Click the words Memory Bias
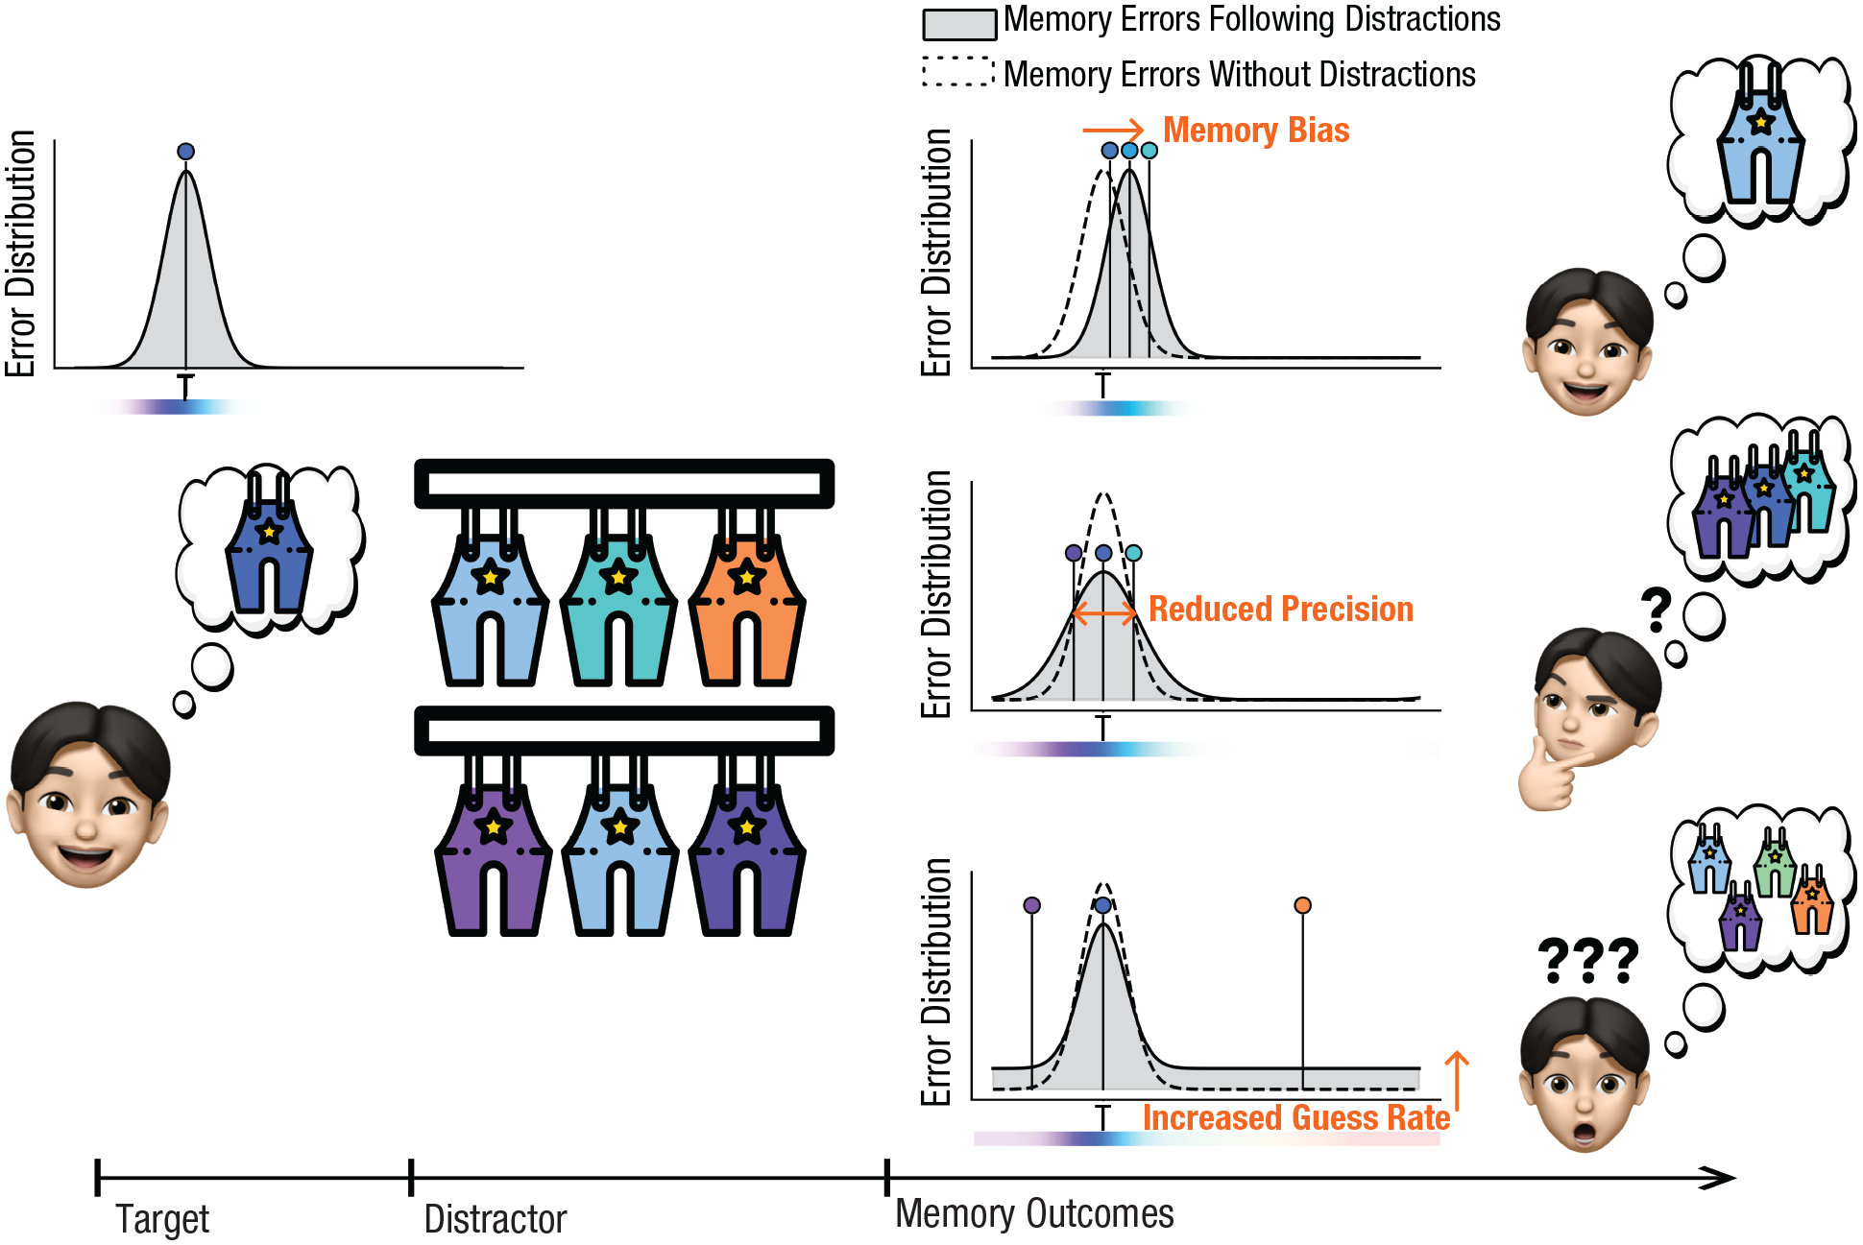(1256, 130)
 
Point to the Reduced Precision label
(1281, 609)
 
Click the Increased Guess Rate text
(1296, 1117)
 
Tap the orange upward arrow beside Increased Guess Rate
(1457, 1080)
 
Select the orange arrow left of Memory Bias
(1113, 130)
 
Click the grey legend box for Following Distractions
(959, 25)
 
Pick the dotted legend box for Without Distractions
(958, 72)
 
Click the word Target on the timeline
(162, 1219)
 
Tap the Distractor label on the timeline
(496, 1219)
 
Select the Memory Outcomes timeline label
(1034, 1213)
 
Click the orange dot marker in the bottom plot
(1302, 905)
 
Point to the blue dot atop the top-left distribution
(186, 151)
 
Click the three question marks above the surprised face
(1587, 961)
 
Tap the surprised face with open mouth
(1585, 1073)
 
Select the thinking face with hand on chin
(1589, 715)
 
